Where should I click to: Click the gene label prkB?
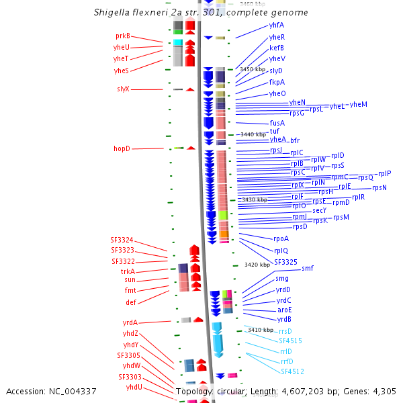(122, 36)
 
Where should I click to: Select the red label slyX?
(123, 89)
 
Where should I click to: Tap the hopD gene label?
(122, 148)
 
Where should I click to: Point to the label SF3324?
(122, 240)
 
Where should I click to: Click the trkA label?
(128, 272)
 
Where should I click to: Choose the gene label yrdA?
(130, 323)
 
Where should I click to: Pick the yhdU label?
(133, 388)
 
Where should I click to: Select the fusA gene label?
(277, 124)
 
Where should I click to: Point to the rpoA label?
(281, 239)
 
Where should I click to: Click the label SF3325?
(285, 262)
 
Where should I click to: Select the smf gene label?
(307, 269)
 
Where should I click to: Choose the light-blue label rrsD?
(285, 331)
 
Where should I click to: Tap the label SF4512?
(292, 371)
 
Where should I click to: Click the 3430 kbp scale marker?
(254, 199)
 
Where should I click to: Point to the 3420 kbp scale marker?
(257, 265)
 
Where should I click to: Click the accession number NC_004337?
(51, 391)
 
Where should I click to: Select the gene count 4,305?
(382, 391)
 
